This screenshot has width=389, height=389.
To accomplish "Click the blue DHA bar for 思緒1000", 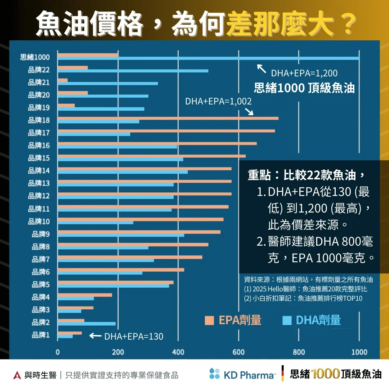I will pyautogui.click(x=208, y=58).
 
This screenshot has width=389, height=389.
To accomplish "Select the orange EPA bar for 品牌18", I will pyautogui.click(x=168, y=118).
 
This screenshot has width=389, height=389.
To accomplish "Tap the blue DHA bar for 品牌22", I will pyautogui.click(x=133, y=71).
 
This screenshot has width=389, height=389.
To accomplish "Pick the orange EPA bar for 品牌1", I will pyautogui.click(x=70, y=333).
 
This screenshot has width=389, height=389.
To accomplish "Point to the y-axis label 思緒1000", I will pyautogui.click(x=35, y=57).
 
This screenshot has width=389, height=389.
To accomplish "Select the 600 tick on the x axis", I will pyautogui.click(x=238, y=352).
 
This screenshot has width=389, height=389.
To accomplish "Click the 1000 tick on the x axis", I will pyautogui.click(x=359, y=352).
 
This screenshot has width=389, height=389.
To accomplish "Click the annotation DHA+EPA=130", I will pyautogui.click(x=134, y=337).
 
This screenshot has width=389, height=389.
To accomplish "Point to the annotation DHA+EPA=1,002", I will pyautogui.click(x=218, y=102).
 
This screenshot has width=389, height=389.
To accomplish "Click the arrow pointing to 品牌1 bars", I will pyautogui.click(x=95, y=336).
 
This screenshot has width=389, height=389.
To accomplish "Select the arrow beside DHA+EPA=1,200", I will pyautogui.click(x=261, y=68).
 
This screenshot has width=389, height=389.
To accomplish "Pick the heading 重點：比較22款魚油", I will pyautogui.click(x=306, y=175).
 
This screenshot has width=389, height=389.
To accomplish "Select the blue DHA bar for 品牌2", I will pyautogui.click(x=87, y=324).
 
